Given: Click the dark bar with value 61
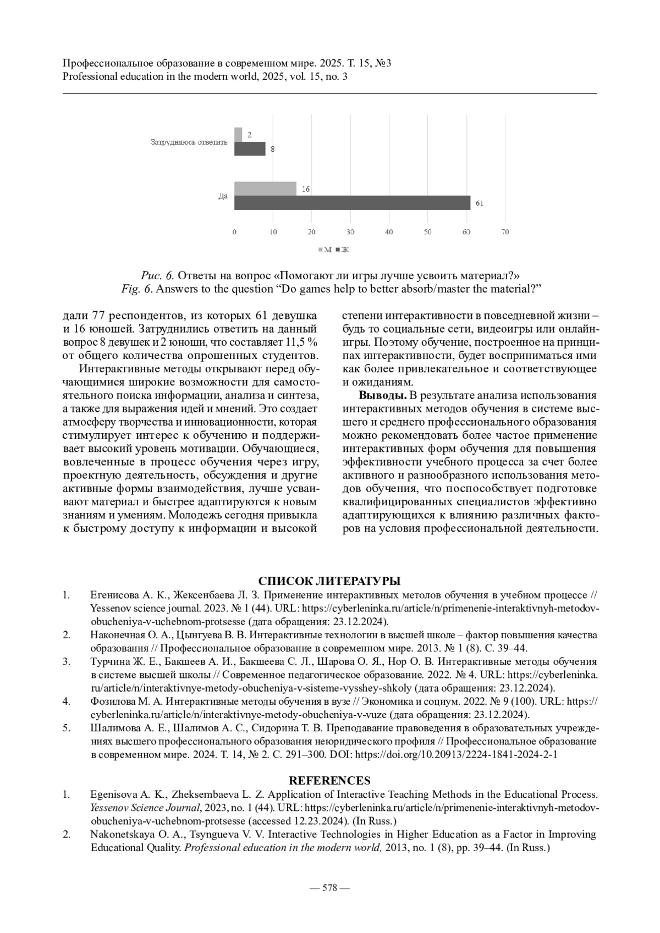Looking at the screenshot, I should pyautogui.click(x=352, y=202).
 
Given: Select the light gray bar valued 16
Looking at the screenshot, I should pyautogui.click(x=265, y=189).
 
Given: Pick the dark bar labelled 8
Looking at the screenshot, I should pyautogui.click(x=250, y=148).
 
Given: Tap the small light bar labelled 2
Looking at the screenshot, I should pyautogui.click(x=238, y=134).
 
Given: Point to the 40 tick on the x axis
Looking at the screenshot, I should pyautogui.click(x=389, y=232).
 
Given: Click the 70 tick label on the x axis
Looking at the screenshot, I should pyautogui.click(x=505, y=232).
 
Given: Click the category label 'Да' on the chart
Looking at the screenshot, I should pyautogui.click(x=223, y=196).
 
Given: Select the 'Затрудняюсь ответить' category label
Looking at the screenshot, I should pyautogui.click(x=189, y=142).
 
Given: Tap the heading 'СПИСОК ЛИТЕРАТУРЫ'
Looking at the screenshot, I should pyautogui.click(x=329, y=581).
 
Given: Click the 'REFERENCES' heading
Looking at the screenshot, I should pyautogui.click(x=329, y=781).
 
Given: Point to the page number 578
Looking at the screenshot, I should pyautogui.click(x=329, y=887).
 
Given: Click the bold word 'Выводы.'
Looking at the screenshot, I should pyautogui.click(x=383, y=395).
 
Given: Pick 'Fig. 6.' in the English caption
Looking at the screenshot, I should pyautogui.click(x=137, y=289).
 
